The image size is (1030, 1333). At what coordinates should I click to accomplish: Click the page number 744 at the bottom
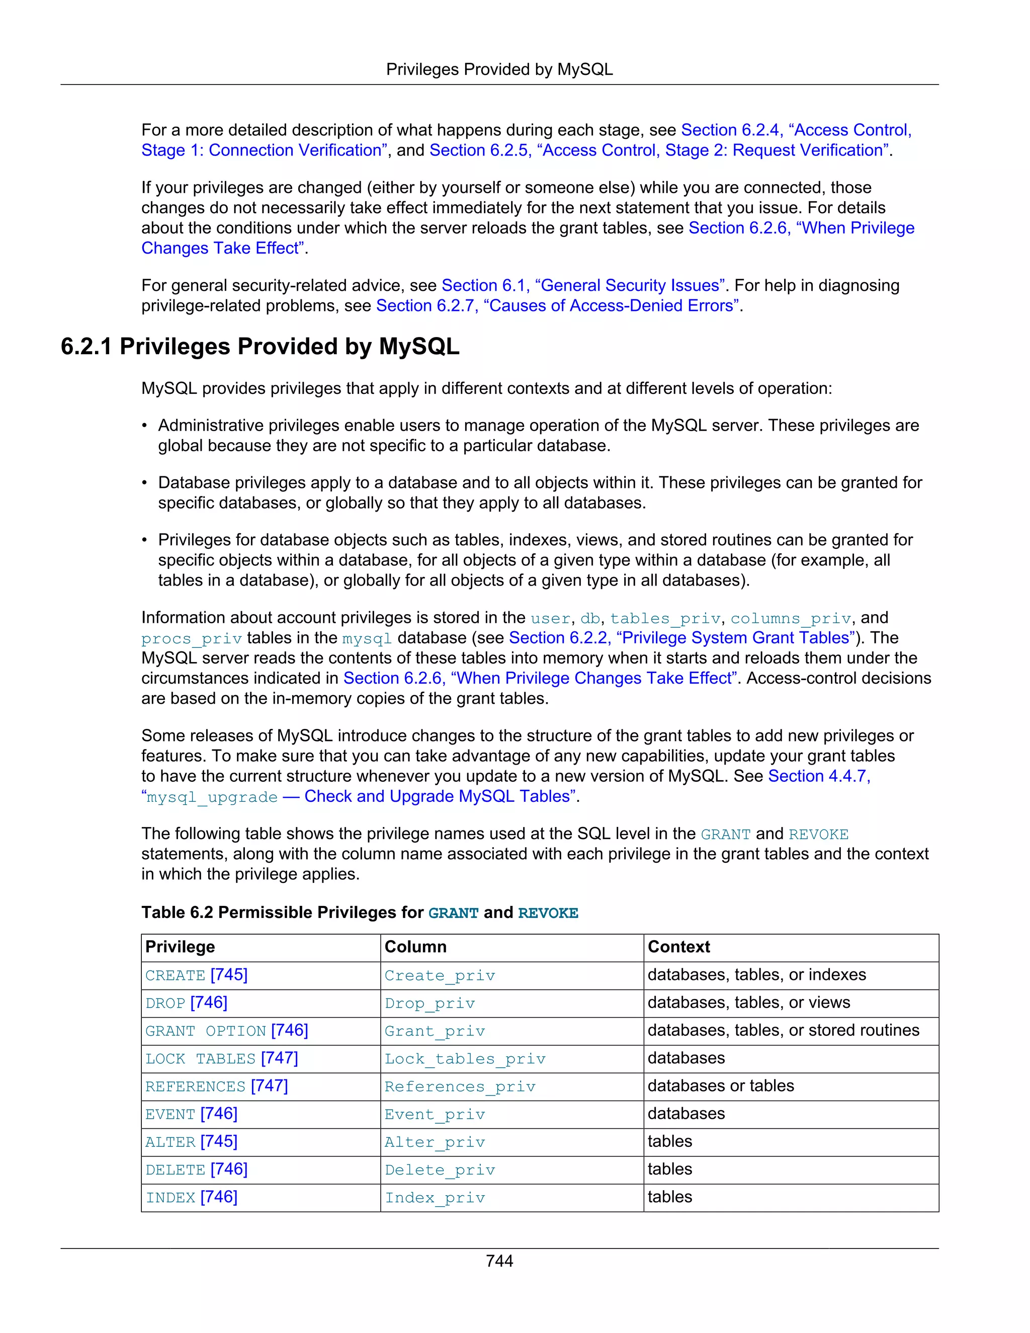coord(499,1261)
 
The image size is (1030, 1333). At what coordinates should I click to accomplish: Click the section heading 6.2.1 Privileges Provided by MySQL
coord(260,346)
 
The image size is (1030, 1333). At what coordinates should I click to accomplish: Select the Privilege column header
coord(180,947)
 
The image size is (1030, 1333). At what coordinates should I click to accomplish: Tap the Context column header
coord(678,947)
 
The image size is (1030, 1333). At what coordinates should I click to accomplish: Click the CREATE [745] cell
coord(197,975)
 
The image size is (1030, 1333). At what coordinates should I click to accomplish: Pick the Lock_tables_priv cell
coord(465,1058)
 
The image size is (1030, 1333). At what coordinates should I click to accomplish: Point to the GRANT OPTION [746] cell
coord(226,1030)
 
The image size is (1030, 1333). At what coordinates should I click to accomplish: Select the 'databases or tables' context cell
coord(721,1086)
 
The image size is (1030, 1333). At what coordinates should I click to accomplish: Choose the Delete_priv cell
coord(440,1170)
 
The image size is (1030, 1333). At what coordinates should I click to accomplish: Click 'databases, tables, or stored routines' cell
coord(783,1030)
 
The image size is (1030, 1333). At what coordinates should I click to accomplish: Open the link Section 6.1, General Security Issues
coord(583,286)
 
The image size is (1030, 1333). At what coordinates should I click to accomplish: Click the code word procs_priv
coord(192,639)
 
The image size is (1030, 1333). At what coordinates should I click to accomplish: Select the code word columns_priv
coord(790,618)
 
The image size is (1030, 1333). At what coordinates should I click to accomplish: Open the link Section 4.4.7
coord(818,776)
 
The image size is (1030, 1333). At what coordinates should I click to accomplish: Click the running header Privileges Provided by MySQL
coord(499,69)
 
